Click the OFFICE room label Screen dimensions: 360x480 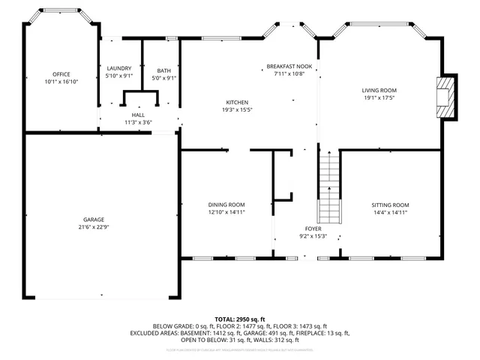[x=61, y=74]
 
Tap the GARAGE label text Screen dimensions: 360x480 [x=94, y=219]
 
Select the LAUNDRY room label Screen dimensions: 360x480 [x=119, y=68]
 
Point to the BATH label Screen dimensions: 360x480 [x=163, y=70]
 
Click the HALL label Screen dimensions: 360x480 [x=138, y=115]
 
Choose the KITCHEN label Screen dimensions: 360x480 [x=238, y=103]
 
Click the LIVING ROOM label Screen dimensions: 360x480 [x=379, y=90]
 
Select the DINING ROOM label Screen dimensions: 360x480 [x=226, y=205]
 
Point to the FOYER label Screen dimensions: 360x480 [x=313, y=229]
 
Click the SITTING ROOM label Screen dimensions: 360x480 [x=391, y=205]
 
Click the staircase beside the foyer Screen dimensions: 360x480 [x=330, y=187]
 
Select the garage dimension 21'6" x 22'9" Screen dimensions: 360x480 [x=94, y=226]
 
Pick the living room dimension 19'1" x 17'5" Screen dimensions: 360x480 [x=379, y=97]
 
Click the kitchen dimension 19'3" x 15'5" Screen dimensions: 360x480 [x=238, y=110]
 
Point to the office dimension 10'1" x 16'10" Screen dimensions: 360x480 [x=61, y=81]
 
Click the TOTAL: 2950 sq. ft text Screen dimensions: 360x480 [x=239, y=319]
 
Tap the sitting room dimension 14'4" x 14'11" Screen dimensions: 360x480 [x=391, y=212]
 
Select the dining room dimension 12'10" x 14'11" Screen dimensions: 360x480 [x=226, y=212]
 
